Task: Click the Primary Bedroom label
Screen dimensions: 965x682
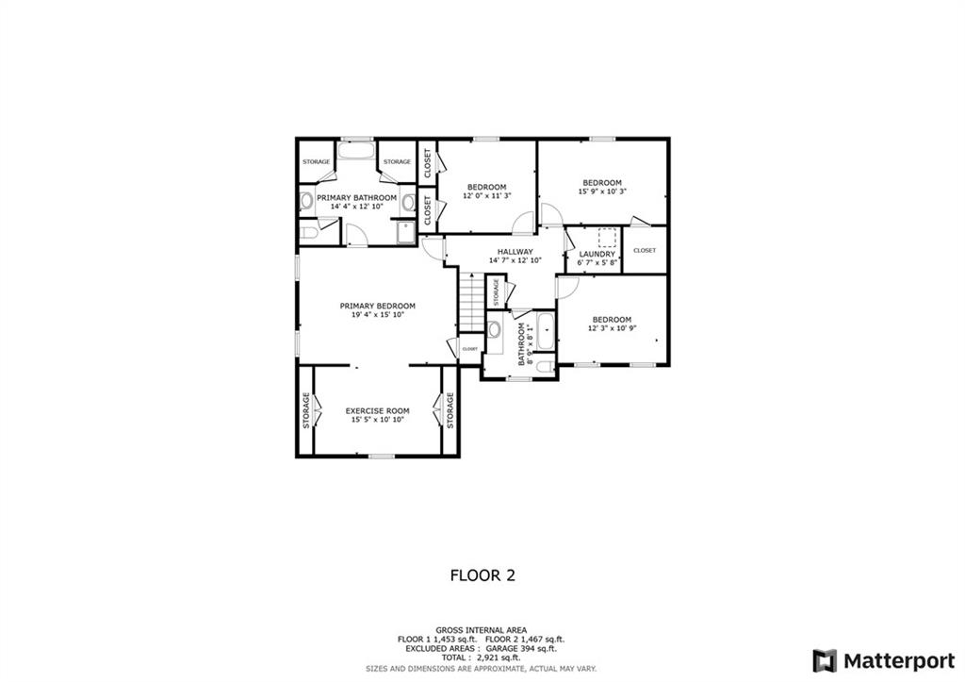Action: [x=377, y=306]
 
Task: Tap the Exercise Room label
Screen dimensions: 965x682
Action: [x=377, y=411]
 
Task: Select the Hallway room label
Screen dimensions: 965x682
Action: [x=515, y=251]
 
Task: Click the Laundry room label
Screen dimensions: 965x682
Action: [x=597, y=254]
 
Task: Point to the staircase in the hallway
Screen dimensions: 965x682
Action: [x=471, y=302]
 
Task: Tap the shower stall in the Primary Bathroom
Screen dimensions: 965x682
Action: [x=406, y=234]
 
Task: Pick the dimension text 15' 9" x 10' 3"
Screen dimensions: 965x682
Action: [x=602, y=191]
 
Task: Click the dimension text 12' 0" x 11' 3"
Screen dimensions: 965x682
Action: [x=487, y=196]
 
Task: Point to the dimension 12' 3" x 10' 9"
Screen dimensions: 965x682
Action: [x=612, y=328]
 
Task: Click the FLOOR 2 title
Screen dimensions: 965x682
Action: [x=483, y=575]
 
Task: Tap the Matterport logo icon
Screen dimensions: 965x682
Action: [x=825, y=661]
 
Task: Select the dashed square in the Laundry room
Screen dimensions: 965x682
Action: [x=608, y=238]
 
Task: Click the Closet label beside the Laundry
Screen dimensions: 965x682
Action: [x=645, y=250]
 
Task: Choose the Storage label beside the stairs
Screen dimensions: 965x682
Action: [x=496, y=292]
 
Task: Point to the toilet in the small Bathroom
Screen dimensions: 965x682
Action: [x=544, y=367]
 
